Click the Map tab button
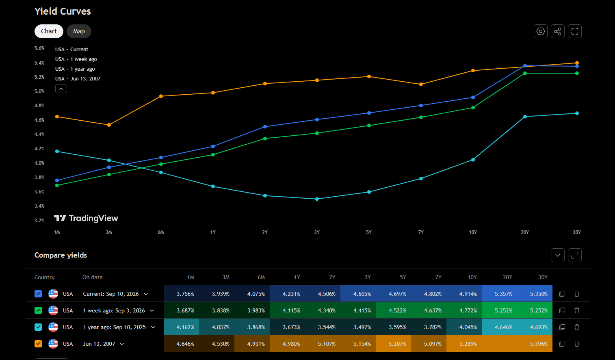click(79, 31)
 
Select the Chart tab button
click(49, 31)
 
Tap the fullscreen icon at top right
click(575, 31)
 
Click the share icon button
click(558, 31)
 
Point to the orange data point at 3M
click(109, 125)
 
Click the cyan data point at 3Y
click(317, 199)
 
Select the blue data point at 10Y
click(473, 98)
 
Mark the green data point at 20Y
click(525, 73)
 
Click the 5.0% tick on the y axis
click(39, 91)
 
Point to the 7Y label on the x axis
click(421, 232)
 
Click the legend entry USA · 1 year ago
click(75, 69)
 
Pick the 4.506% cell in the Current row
click(327, 294)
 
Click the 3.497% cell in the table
click(362, 327)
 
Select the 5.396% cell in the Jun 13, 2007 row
click(539, 344)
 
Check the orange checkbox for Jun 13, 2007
click(38, 344)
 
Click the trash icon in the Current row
click(577, 294)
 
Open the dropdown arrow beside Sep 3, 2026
click(152, 310)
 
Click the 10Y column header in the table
click(472, 278)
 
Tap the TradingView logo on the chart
click(86, 218)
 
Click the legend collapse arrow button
click(61, 89)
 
